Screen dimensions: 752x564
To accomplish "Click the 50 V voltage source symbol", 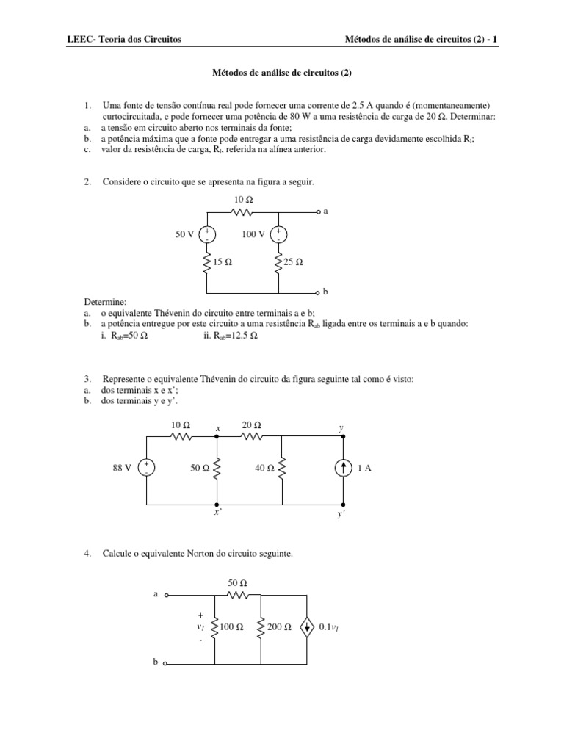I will (x=208, y=234).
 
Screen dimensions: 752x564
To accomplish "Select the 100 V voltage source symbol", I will (x=279, y=234).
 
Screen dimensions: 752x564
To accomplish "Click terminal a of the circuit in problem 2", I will (x=319, y=211).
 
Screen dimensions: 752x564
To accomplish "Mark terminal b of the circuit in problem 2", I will (x=319, y=292).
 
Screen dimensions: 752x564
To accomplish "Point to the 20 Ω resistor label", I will (x=252, y=425).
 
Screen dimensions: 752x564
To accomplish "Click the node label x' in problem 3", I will (x=217, y=513).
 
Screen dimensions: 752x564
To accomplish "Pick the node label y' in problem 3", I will (x=341, y=514).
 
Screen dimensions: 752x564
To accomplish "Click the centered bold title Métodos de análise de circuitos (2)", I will (x=281, y=72).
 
